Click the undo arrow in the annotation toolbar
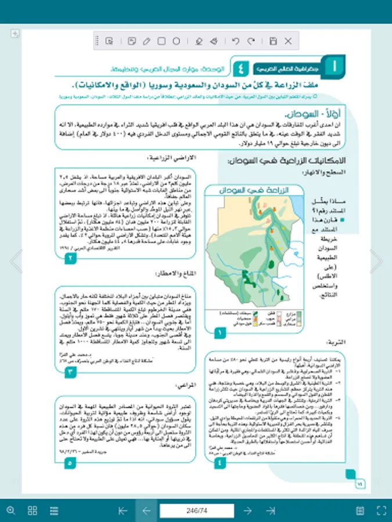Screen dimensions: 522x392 pyautogui.click(x=235, y=41)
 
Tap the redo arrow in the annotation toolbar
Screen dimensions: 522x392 pyautogui.click(x=251, y=41)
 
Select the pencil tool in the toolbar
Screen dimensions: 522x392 pyautogui.click(x=146, y=41)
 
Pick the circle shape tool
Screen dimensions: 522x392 pyautogui.click(x=177, y=41)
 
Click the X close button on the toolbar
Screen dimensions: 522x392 pyautogui.click(x=288, y=41)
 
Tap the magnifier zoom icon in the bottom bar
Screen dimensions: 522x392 pyautogui.click(x=10, y=510)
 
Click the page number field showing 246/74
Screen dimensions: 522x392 pyautogui.click(x=197, y=510)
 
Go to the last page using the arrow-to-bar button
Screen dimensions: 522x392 pyautogui.click(x=271, y=510)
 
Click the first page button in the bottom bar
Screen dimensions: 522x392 pyautogui.click(x=123, y=510)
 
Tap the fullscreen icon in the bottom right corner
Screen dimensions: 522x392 pyautogui.click(x=382, y=510)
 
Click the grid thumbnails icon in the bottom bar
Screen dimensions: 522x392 pyautogui.click(x=33, y=510)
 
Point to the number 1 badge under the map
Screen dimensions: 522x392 pyautogui.click(x=220, y=333)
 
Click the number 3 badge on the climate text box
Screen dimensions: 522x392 pyautogui.click(x=70, y=372)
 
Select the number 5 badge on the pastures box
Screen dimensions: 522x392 pyautogui.click(x=70, y=463)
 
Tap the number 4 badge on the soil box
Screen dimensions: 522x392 pyautogui.click(x=220, y=463)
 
